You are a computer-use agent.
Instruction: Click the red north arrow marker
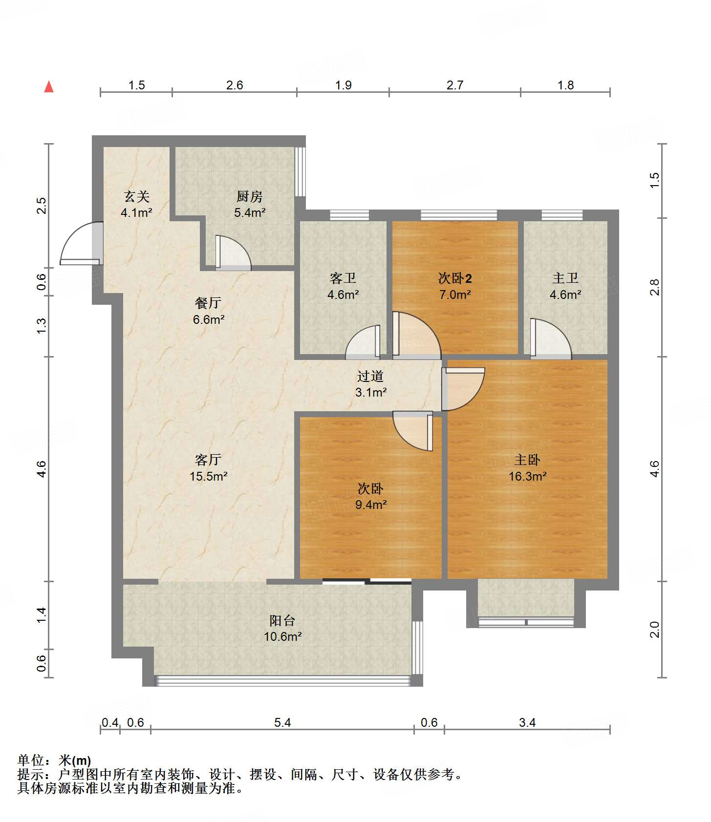[x=49, y=86]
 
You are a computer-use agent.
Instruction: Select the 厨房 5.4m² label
[x=250, y=204]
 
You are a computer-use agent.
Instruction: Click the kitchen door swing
[x=233, y=253]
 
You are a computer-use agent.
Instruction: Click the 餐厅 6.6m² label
[x=209, y=311]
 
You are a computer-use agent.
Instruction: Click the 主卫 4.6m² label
[x=565, y=286]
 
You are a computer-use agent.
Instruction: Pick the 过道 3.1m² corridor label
[x=371, y=384]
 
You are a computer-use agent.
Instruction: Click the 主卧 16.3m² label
[x=527, y=468]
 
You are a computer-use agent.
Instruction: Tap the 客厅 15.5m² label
[x=209, y=468]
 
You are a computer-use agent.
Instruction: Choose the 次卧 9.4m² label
[x=371, y=496]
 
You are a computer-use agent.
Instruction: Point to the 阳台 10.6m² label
[x=282, y=629]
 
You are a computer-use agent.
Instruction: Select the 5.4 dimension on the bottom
[x=282, y=722]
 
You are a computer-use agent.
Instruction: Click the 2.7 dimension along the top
[x=454, y=85]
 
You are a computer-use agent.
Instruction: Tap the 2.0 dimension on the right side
[x=654, y=630]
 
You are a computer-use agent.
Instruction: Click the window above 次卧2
[x=459, y=215]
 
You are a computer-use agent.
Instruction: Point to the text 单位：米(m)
[x=54, y=760]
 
